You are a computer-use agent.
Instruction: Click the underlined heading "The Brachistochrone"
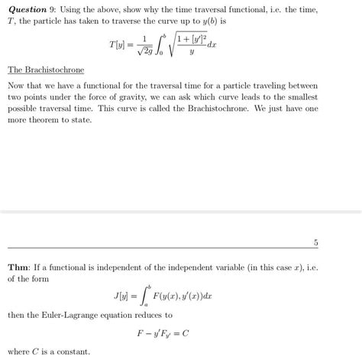(x=45, y=70)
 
